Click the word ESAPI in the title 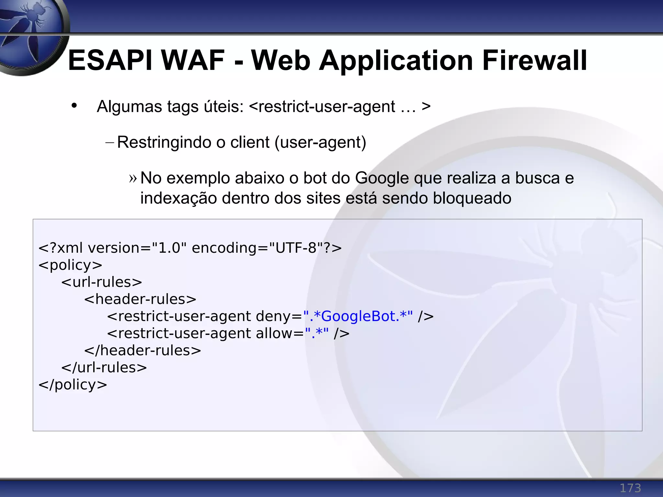coord(110,61)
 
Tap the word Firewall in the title coord(534,61)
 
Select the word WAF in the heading coord(193,61)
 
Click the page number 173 coord(630,488)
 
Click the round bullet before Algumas coord(74,105)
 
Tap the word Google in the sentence coord(382,178)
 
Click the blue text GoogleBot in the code coord(360,316)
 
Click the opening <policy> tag coord(70,265)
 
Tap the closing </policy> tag coord(73,385)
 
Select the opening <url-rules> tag coord(102,282)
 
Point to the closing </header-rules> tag coord(142,350)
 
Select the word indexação coord(178,198)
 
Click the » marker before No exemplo coord(133,178)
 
